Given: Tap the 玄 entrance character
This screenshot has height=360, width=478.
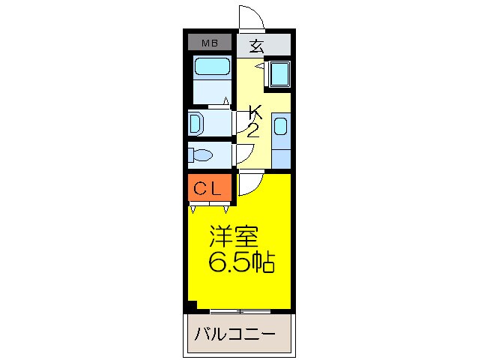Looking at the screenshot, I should click(256, 46).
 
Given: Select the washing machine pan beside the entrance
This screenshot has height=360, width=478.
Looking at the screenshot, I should click(279, 73).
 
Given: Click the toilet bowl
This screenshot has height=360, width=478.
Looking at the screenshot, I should click(201, 156).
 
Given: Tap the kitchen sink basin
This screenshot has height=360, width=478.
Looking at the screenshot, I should click(279, 126).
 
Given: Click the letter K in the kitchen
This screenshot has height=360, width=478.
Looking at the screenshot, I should click(255, 113).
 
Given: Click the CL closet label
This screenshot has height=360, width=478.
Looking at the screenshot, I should click(208, 189).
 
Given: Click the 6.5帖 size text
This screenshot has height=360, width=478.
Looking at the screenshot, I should click(240, 262).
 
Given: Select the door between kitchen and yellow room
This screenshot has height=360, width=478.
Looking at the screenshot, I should click(250, 184).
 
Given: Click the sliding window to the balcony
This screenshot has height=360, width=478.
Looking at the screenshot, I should click(239, 310).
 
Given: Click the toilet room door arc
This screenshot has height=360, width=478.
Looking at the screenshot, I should click(243, 154).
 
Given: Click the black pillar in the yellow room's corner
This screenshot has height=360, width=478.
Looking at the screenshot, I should click(192, 304).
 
